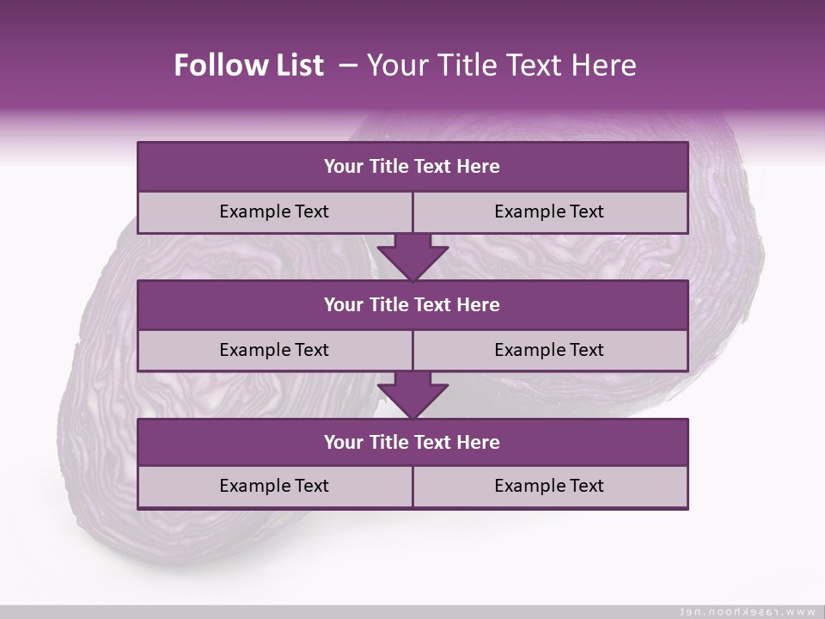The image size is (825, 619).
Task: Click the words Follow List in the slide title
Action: (x=249, y=65)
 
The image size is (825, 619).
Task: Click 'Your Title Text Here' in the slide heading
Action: (x=501, y=65)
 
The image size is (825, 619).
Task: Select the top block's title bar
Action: (x=412, y=167)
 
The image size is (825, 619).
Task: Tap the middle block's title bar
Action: (x=412, y=304)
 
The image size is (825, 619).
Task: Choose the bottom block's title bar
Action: (x=412, y=442)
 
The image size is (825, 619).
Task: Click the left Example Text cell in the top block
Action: (x=274, y=211)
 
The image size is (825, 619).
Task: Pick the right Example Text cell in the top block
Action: (x=549, y=211)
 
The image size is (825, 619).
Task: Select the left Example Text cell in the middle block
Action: (x=274, y=350)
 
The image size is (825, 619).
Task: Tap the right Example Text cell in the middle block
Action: (x=549, y=350)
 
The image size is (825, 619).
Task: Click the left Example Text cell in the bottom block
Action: (x=274, y=486)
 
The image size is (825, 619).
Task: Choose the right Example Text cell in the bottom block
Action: (x=549, y=486)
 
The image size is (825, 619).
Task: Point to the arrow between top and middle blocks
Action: (x=412, y=256)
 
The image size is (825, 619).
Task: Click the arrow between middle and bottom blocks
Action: (x=412, y=395)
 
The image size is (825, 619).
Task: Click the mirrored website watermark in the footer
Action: (x=747, y=611)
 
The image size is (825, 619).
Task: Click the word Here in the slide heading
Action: (x=606, y=65)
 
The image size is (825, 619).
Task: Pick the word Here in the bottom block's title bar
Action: (x=478, y=442)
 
